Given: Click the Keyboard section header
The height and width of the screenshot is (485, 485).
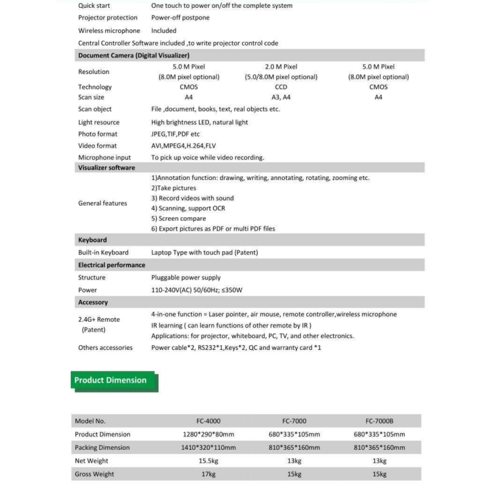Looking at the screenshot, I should (x=93, y=240).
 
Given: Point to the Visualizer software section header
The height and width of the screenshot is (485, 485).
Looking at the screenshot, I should (x=107, y=168).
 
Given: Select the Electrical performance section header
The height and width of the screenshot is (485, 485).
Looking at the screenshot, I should (x=112, y=265).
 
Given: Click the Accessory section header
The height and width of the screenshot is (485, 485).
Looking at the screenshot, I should (x=93, y=302).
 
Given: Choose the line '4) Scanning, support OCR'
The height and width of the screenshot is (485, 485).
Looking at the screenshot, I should (x=188, y=208).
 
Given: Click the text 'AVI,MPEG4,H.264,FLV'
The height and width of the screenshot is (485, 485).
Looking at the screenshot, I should (x=184, y=145).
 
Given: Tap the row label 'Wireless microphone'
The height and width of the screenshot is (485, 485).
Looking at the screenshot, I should (x=109, y=30).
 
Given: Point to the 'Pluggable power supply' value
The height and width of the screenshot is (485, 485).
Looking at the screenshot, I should (x=186, y=278).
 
